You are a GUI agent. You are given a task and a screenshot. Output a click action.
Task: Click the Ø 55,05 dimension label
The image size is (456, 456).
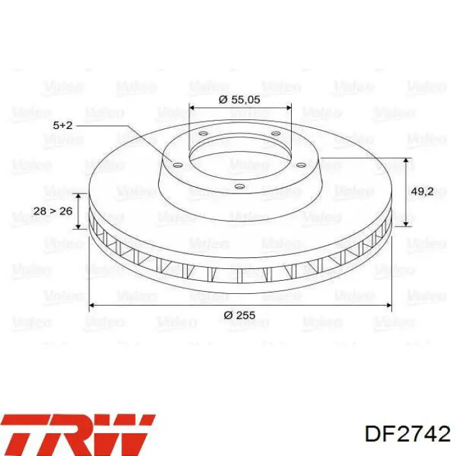point(239,100)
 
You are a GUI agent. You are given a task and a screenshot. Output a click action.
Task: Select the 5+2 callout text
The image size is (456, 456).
point(63,125)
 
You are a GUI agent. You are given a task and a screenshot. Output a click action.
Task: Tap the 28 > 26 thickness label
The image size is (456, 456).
point(53,211)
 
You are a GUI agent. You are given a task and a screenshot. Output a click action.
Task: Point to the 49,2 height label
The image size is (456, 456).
point(422,192)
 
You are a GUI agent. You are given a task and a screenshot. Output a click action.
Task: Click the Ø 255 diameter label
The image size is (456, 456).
point(239,315)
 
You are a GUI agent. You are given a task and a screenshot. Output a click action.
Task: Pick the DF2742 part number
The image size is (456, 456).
point(407,435)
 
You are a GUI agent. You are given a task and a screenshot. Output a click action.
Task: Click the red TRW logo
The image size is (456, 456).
point(78,435)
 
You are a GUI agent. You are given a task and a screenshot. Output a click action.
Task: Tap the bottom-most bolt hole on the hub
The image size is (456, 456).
point(239,186)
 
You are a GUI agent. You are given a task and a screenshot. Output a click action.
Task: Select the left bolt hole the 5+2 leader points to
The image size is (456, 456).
point(178,165)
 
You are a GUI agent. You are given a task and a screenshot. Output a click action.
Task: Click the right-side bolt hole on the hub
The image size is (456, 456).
point(301,165)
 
